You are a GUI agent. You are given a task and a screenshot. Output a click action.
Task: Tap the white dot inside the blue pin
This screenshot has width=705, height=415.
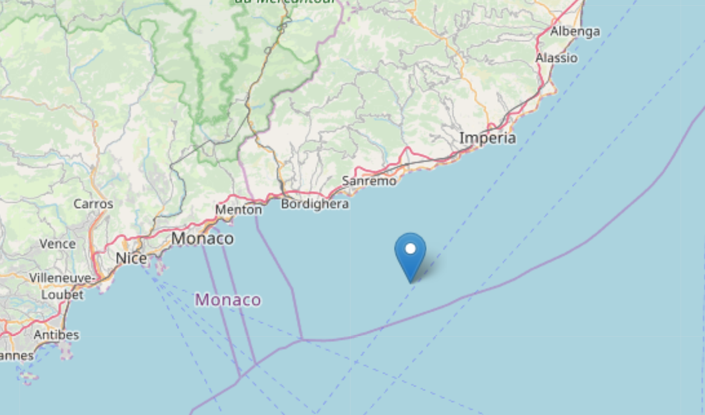click(411, 248)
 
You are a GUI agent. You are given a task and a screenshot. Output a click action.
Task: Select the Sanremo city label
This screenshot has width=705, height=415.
click(369, 181)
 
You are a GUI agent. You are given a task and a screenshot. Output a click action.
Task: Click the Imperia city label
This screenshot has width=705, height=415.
click(487, 138)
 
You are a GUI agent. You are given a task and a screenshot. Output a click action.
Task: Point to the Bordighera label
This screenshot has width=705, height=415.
click(315, 204)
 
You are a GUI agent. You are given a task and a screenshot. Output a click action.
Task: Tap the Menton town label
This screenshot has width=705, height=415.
click(239, 209)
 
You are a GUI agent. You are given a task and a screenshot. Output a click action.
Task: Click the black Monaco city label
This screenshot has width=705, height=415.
click(202, 239)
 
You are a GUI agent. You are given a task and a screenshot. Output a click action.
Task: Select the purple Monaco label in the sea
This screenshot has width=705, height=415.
click(228, 300)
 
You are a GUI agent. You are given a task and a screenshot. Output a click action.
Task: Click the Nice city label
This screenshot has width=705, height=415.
click(131, 259)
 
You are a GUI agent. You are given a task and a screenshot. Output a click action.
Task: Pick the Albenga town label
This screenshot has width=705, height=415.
click(575, 31)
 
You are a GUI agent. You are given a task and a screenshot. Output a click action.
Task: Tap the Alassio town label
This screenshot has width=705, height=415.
click(557, 58)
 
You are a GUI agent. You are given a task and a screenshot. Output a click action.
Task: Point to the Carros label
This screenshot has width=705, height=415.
click(93, 204)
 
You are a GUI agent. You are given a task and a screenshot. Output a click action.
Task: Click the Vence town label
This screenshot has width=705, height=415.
click(57, 244)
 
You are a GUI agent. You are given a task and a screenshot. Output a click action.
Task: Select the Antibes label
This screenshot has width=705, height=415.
click(56, 335)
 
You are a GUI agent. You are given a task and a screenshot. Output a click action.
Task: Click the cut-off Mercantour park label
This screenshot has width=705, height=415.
click(285, 2)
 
